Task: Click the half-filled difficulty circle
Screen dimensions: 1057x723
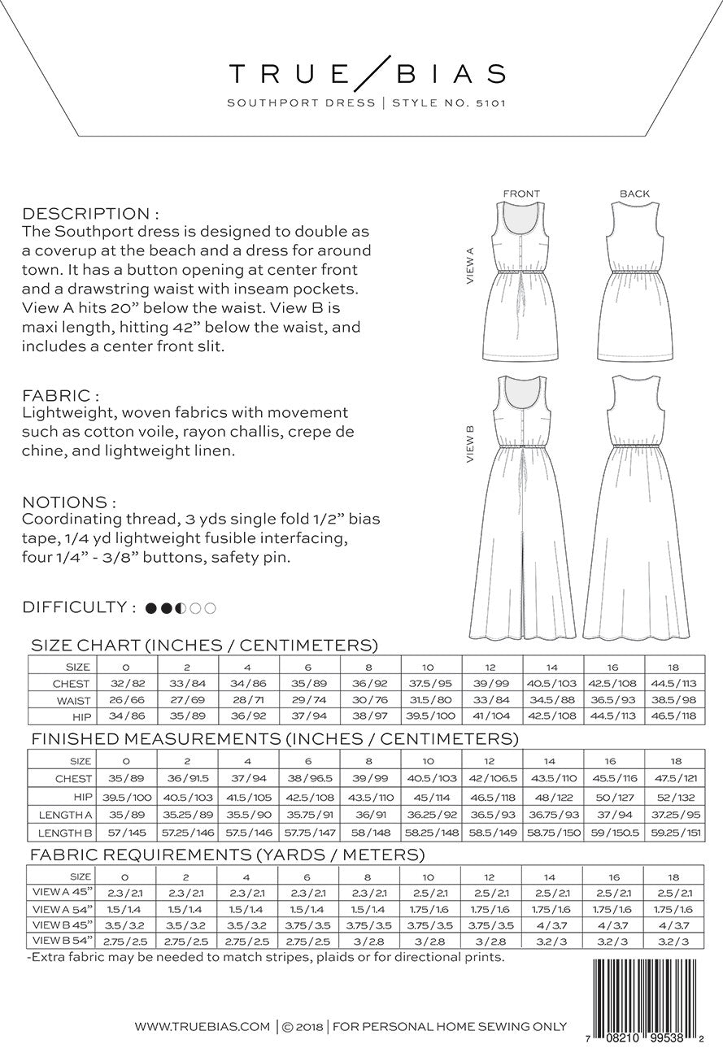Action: click(x=181, y=607)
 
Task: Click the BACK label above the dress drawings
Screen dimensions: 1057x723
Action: click(x=634, y=194)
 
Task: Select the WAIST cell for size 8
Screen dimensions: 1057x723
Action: click(x=369, y=700)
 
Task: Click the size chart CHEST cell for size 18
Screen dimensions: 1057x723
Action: click(x=675, y=684)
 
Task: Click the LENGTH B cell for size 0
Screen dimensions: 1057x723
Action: click(x=125, y=832)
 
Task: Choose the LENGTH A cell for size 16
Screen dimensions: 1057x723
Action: click(x=614, y=814)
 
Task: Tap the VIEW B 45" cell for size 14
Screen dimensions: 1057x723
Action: click(x=553, y=924)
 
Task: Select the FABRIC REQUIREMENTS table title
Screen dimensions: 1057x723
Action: click(x=227, y=855)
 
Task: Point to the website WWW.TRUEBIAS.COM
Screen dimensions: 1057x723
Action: click(x=203, y=1027)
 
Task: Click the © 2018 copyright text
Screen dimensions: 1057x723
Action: click(x=302, y=1027)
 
